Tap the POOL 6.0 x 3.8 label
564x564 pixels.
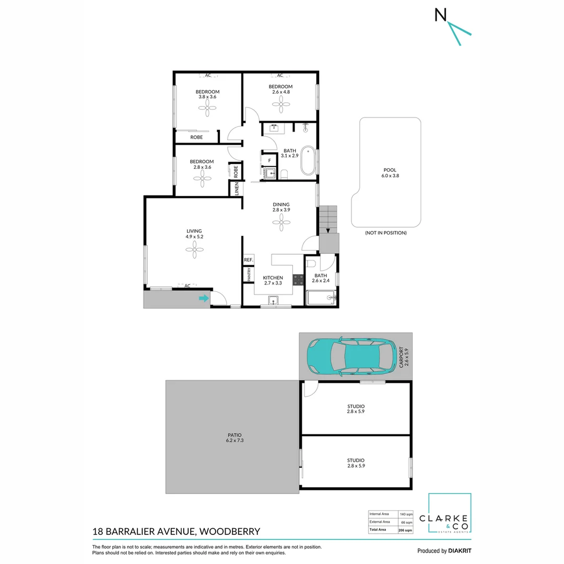point(390,173)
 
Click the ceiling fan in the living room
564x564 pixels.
point(194,250)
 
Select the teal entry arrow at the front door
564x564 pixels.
point(203,299)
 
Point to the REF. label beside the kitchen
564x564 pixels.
point(248,260)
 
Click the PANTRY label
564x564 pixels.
point(249,275)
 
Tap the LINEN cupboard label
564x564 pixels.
point(237,188)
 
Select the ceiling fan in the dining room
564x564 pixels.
point(281,224)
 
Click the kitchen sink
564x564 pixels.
point(273,300)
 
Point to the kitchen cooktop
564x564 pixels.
point(298,279)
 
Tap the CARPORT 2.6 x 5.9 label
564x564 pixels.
point(404,357)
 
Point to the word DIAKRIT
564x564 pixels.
point(460,550)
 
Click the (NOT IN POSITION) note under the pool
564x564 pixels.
point(385,233)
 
